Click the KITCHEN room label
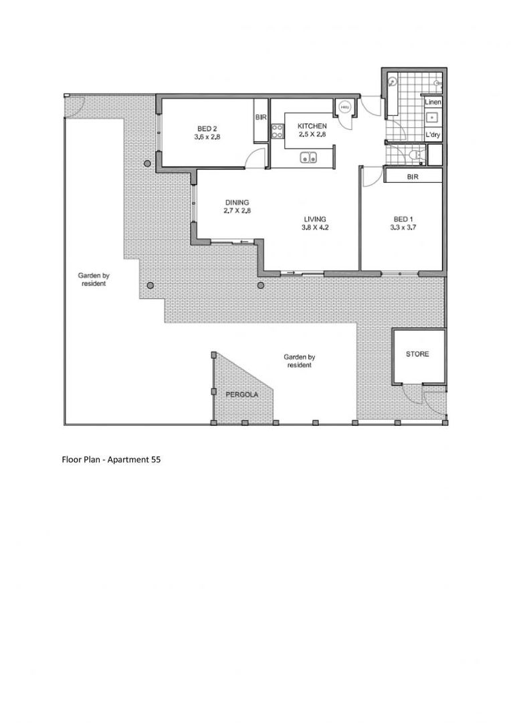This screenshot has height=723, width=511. (312, 126)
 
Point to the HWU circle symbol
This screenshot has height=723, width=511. (344, 107)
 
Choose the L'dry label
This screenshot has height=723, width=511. (433, 135)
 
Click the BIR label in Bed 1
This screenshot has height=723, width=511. (413, 177)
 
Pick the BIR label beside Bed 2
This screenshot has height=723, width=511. (261, 116)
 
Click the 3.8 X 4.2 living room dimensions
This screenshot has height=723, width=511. (315, 228)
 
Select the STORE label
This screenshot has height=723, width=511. (417, 354)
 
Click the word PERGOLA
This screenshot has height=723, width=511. (241, 395)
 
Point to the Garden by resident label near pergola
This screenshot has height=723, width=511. (299, 361)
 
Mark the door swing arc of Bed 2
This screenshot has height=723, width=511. (252, 158)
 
